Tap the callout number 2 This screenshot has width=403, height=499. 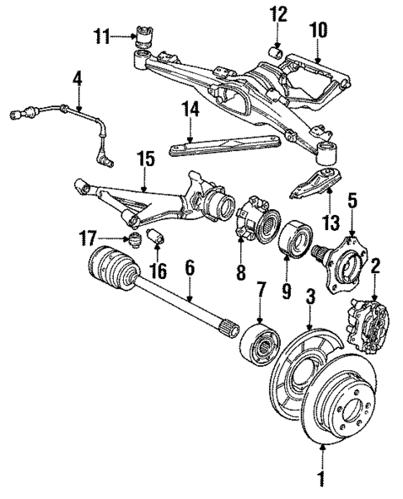[376, 267]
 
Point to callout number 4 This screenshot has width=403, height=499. [77, 81]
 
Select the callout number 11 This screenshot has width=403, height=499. [101, 36]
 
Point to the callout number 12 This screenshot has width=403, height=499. [278, 13]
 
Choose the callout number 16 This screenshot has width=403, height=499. [159, 270]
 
